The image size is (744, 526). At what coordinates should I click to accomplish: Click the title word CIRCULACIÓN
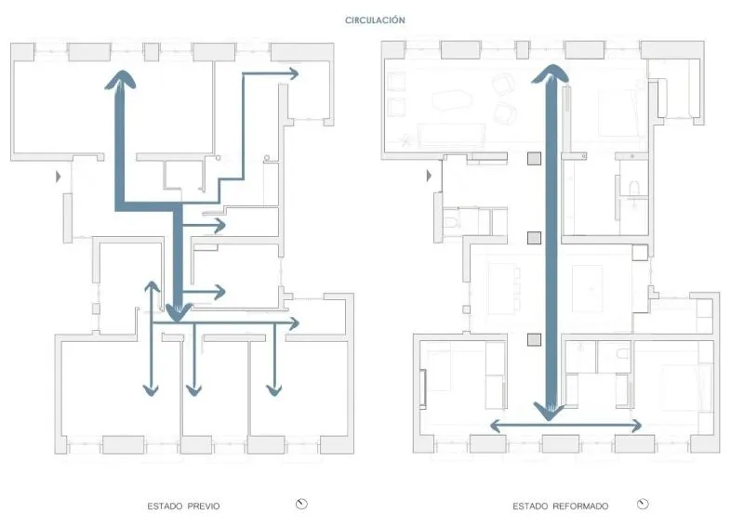[x=375, y=20]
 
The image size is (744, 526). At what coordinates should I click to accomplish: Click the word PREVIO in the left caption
[x=204, y=506]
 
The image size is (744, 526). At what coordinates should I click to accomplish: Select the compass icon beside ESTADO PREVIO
[x=301, y=504]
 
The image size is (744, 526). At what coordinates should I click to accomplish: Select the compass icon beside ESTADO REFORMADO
[x=643, y=504]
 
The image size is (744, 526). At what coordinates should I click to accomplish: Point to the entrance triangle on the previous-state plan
[x=58, y=177]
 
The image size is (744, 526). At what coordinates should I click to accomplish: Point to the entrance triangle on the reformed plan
[x=429, y=176]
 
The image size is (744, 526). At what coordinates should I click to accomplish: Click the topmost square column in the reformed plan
[x=534, y=158]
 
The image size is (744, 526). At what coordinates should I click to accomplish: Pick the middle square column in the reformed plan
[x=534, y=238]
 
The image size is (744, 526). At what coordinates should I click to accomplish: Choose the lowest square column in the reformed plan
[x=534, y=339]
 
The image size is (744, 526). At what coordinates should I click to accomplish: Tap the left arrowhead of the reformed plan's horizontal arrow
[x=495, y=426]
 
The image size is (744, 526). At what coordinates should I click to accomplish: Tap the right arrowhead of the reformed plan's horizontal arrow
[x=636, y=426]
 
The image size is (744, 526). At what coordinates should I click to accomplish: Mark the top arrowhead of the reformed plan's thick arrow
[x=550, y=73]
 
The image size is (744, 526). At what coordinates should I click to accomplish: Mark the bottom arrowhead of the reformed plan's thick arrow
[x=549, y=411]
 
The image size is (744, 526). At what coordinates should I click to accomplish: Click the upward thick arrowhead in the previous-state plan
[x=121, y=79]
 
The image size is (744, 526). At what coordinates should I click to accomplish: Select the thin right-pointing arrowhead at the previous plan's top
[x=293, y=73]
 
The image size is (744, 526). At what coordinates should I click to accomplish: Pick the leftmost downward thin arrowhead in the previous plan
[x=151, y=390]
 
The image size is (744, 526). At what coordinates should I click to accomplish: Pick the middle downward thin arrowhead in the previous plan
[x=193, y=390]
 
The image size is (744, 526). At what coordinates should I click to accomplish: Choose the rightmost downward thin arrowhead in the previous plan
[x=274, y=390]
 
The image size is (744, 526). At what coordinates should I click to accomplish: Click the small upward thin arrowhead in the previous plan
[x=152, y=286]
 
